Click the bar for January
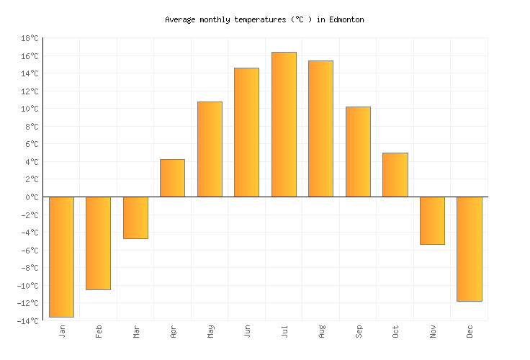point(61,256)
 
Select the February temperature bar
point(98,243)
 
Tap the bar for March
point(135,217)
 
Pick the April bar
point(172,178)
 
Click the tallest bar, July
point(284,124)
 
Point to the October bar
point(395,174)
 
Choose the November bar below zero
point(432,220)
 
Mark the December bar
point(469,248)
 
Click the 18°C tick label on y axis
point(30,38)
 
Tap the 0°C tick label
point(32,197)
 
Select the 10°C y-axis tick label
point(30,109)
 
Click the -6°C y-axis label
point(30,251)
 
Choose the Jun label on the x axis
point(247,331)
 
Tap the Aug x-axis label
point(321,331)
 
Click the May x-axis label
point(210,331)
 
